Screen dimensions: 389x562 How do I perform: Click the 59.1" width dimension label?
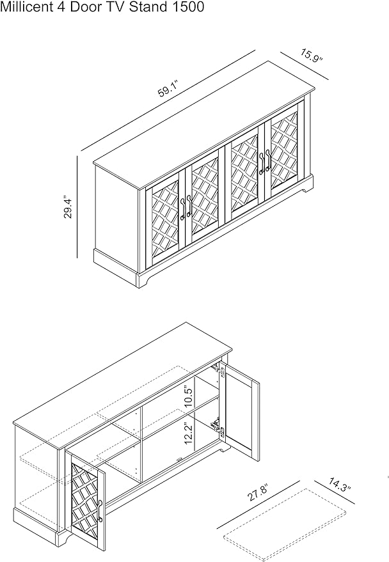tap(168, 89)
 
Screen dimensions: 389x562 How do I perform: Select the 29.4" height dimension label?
tap(68, 207)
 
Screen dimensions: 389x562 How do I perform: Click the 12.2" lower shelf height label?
tap(189, 433)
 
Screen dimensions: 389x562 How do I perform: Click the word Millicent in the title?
tap(26, 7)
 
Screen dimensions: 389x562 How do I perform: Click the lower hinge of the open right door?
tap(219, 428)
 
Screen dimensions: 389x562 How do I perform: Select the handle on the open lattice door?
tap(100, 511)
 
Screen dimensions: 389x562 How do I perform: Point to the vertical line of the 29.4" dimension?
tap(77, 207)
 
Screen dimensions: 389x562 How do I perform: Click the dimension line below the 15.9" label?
tap(305, 66)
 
